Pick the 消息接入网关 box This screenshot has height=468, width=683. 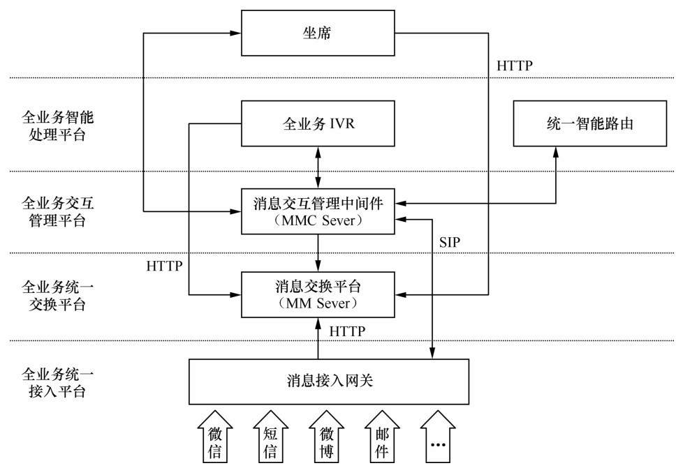click(328, 381)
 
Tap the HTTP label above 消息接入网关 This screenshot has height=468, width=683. click(346, 331)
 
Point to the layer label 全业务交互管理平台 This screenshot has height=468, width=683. click(54, 211)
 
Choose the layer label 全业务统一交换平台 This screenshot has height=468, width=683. click(54, 296)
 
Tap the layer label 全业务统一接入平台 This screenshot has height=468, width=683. click(54, 382)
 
